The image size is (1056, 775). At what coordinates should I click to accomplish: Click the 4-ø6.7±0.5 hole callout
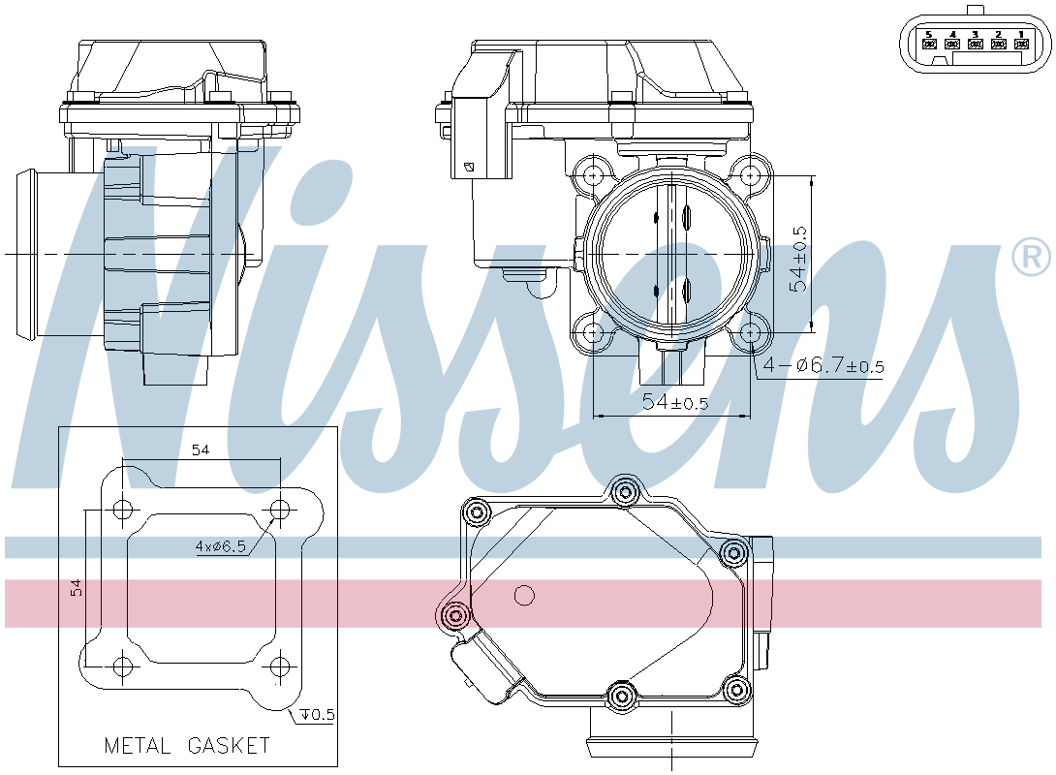[x=823, y=366]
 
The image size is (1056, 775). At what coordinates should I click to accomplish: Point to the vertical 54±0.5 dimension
[x=798, y=259]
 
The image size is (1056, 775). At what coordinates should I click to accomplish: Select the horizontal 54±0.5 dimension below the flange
[x=675, y=402]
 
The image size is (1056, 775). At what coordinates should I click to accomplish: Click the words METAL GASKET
[x=187, y=745]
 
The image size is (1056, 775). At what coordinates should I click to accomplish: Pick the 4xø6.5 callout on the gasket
[x=220, y=546]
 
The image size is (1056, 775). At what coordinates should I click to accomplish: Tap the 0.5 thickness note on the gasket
[x=318, y=714]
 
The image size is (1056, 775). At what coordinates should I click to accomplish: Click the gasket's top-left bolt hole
[x=122, y=510]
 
